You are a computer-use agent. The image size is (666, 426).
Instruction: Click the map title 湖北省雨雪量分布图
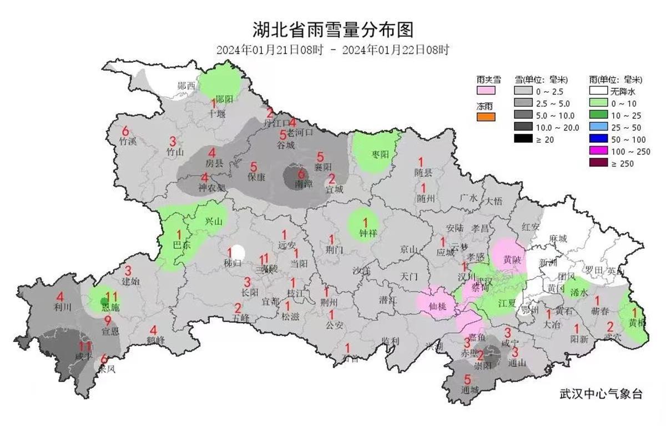[x=332, y=29]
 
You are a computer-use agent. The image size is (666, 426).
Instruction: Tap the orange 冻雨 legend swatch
[x=485, y=117]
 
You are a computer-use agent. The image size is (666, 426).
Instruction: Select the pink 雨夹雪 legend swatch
[x=485, y=90]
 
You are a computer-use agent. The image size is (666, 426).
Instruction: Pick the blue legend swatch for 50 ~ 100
[x=599, y=139]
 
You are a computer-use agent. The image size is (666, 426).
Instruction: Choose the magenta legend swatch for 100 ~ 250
[x=599, y=152]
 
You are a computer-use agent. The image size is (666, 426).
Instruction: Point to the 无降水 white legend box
[x=599, y=91]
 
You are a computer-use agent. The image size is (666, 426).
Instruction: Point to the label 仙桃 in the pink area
[x=438, y=305]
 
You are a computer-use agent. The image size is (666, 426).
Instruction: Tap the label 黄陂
[x=512, y=259]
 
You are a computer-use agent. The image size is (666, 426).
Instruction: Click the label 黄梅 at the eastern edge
[x=637, y=323]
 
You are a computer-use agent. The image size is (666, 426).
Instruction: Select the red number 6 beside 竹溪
[x=125, y=132]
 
